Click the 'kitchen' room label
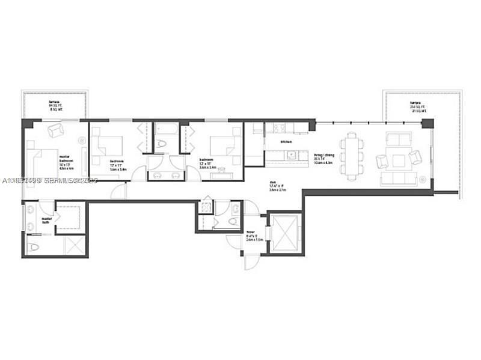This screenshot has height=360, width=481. [286, 142]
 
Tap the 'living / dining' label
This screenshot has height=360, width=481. [324, 157]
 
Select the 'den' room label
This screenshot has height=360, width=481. [277, 186]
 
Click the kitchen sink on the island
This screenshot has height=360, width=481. [290, 154]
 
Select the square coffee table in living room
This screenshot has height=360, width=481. [398, 160]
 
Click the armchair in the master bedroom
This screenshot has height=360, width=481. [55, 129]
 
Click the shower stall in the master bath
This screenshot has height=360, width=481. [73, 245]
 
